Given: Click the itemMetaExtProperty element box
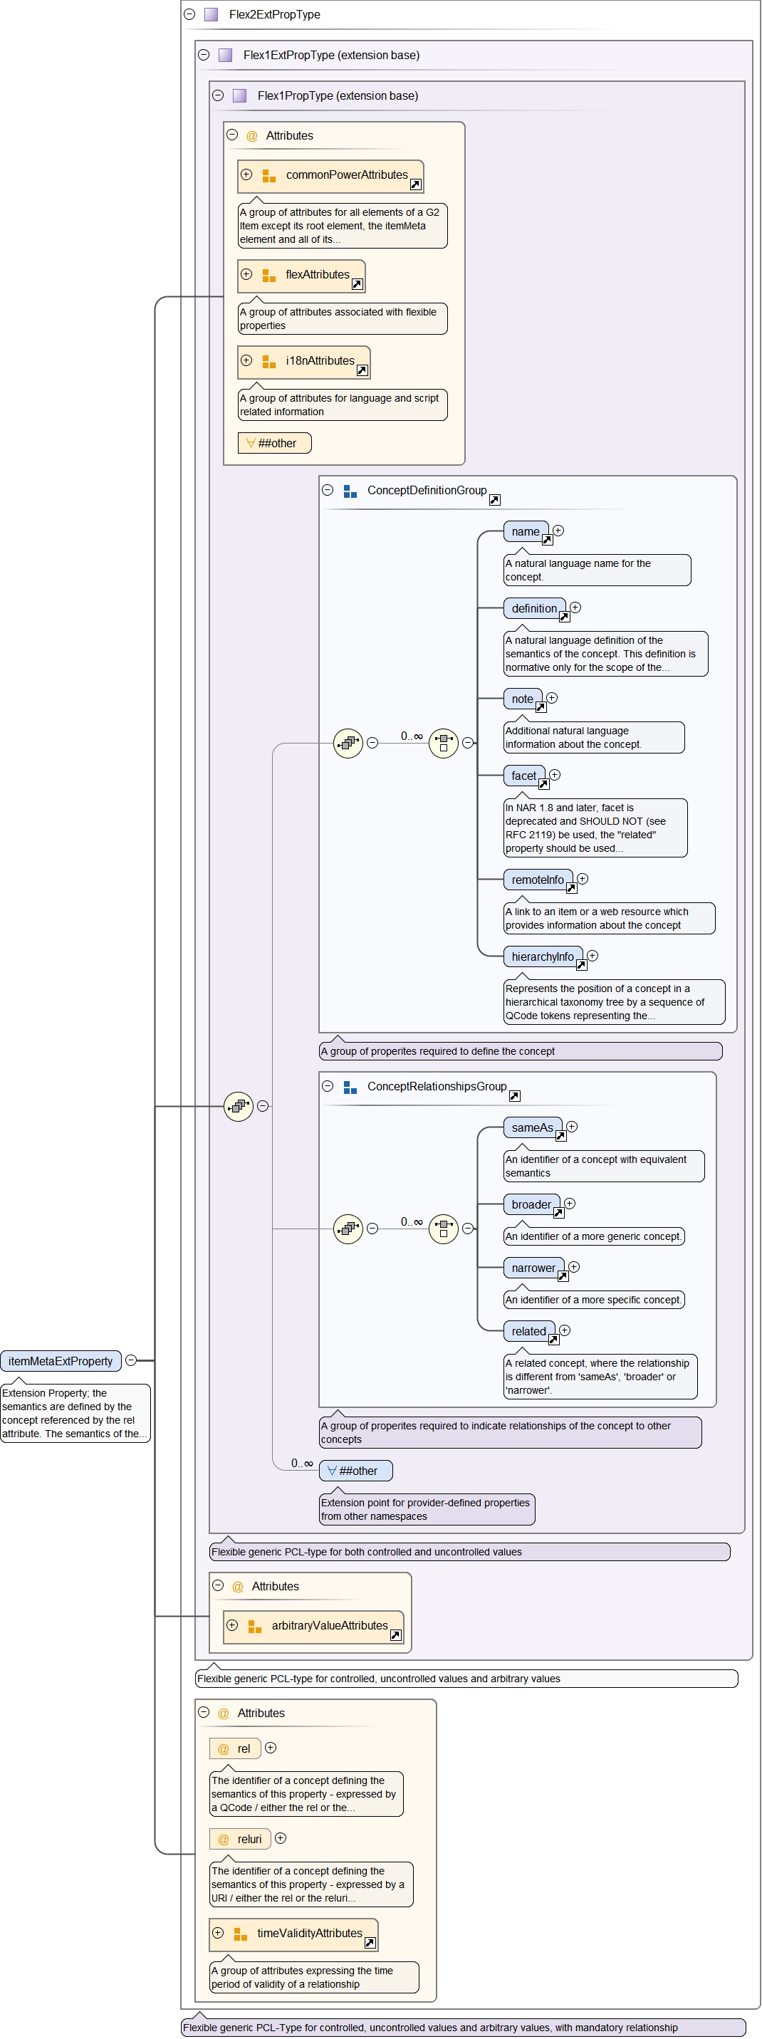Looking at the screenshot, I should pyautogui.click(x=61, y=1361).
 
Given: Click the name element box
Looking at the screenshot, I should pyautogui.click(x=525, y=532).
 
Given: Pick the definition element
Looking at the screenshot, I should pyautogui.click(x=534, y=609).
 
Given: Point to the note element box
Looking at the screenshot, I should pyautogui.click(x=522, y=699).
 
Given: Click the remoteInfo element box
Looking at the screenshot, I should pyautogui.click(x=537, y=880).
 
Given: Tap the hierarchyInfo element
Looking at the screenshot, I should pyautogui.click(x=542, y=957).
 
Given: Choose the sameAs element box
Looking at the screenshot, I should pyautogui.click(x=532, y=1128).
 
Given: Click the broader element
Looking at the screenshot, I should pyautogui.click(x=531, y=1205).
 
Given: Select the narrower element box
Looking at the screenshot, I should pyautogui.click(x=533, y=1268).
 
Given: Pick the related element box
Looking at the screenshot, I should pyautogui.click(x=528, y=1331).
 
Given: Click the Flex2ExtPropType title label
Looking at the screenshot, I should pyautogui.click(x=275, y=14).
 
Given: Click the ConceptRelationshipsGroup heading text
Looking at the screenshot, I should pyautogui.click(x=437, y=1087).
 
